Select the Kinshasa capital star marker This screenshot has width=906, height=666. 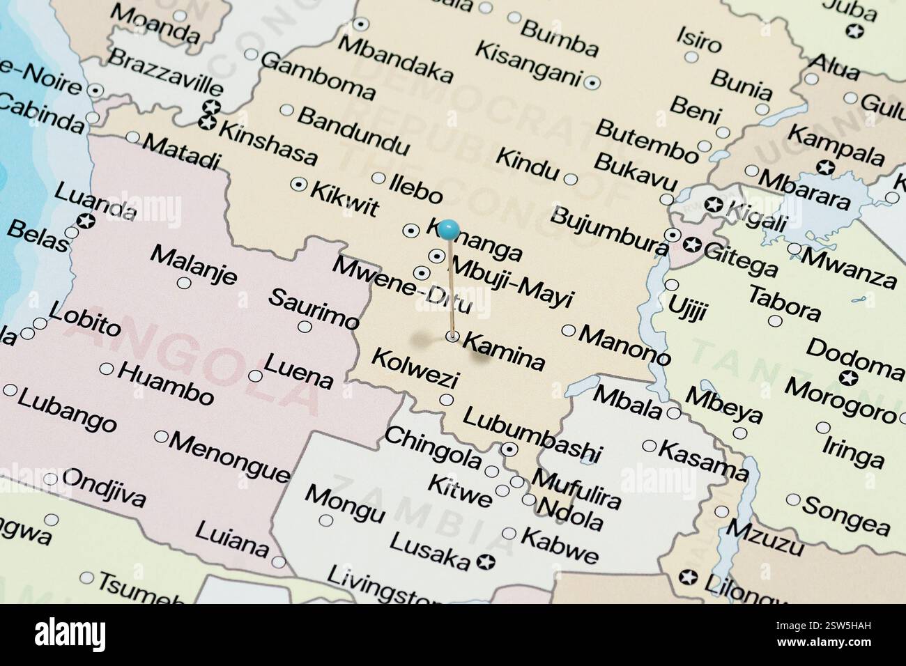206,123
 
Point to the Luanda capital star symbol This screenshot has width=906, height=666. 86,222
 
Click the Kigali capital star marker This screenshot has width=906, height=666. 713,205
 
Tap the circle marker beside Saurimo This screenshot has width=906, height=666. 305,326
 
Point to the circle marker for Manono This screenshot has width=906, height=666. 569,330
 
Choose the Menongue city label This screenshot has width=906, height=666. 230,457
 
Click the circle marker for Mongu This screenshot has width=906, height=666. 326,520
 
